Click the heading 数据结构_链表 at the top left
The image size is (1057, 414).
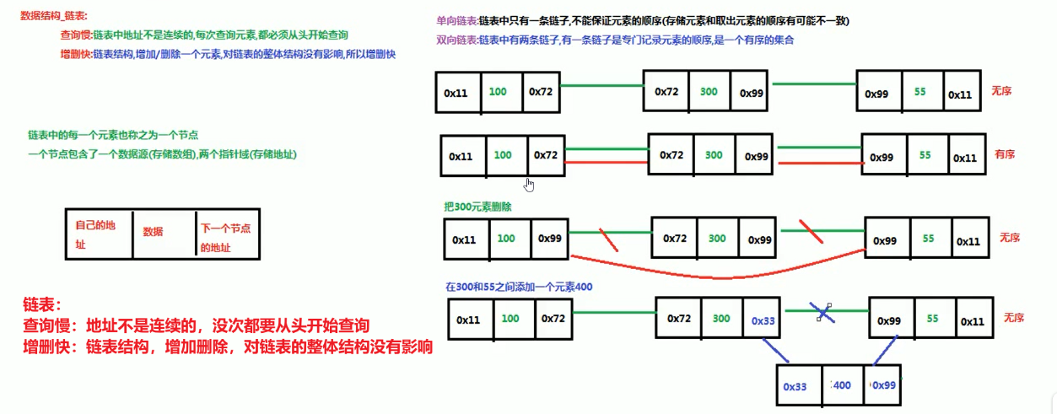click(x=53, y=16)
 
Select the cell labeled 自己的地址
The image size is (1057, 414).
click(x=98, y=234)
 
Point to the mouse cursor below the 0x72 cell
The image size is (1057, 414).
click(x=529, y=185)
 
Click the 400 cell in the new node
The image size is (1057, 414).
click(x=841, y=385)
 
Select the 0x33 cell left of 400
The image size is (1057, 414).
click(x=795, y=387)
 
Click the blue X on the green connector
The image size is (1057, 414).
click(x=823, y=313)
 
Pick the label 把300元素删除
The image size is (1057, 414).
click(x=477, y=207)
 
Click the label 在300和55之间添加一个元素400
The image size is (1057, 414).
click(x=520, y=287)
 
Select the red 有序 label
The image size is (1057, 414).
click(x=1004, y=154)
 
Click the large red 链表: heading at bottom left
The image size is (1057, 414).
click(x=44, y=304)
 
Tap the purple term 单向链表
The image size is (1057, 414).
click(x=456, y=20)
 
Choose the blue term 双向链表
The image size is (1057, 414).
click(x=456, y=40)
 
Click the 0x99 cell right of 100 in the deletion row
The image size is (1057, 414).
click(x=549, y=239)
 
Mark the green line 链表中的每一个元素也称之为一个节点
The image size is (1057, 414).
click(x=113, y=135)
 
